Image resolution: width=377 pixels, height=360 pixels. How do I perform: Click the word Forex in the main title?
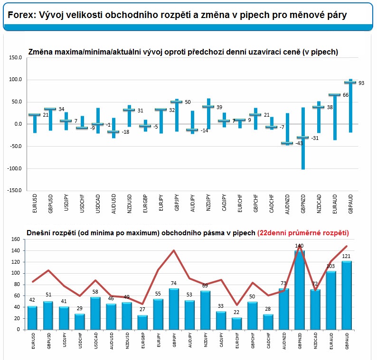click(x=22, y=15)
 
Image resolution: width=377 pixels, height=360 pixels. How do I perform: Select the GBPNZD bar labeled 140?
click(x=299, y=290)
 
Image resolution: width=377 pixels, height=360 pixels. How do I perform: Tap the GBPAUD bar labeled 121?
click(x=347, y=295)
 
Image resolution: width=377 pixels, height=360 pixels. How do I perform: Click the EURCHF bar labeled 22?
click(x=236, y=323)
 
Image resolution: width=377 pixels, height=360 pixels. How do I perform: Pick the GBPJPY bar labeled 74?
click(x=174, y=309)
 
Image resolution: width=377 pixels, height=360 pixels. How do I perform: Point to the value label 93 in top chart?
click(x=361, y=83)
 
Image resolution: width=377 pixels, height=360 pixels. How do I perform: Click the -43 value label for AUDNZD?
click(x=299, y=143)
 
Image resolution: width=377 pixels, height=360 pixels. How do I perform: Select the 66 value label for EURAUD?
click(x=346, y=95)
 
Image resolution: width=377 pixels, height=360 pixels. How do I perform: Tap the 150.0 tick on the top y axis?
click(x=15, y=58)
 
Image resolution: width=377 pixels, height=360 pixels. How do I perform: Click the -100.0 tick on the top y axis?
click(x=14, y=168)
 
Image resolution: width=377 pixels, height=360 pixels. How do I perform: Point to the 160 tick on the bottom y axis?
click(x=16, y=239)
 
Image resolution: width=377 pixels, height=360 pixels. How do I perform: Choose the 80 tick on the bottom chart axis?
click(x=17, y=285)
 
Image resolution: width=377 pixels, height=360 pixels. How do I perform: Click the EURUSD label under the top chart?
click(x=35, y=203)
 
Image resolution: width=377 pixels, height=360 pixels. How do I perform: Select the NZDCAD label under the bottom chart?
click(x=315, y=341)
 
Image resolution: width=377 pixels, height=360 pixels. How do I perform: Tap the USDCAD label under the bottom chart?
click(x=96, y=341)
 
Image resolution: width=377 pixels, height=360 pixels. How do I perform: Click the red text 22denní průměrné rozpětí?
click(x=303, y=233)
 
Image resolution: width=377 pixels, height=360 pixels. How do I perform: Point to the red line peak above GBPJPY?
click(x=174, y=250)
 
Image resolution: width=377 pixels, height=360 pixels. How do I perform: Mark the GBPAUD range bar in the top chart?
click(x=350, y=106)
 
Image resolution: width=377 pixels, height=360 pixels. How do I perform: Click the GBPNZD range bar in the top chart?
click(x=303, y=138)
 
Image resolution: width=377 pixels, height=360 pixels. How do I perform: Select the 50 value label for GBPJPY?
click(x=188, y=102)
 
